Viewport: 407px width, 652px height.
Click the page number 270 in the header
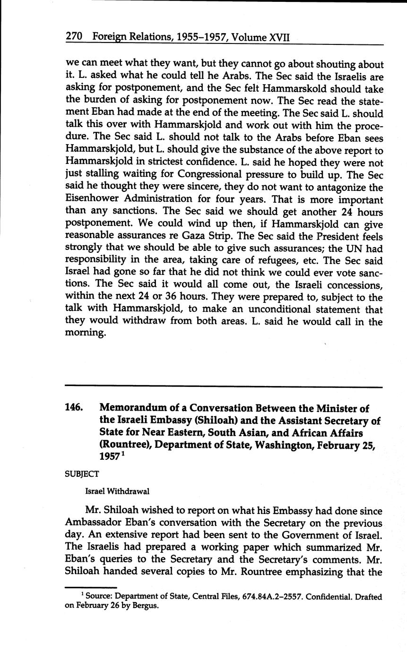pyautogui.click(x=74, y=36)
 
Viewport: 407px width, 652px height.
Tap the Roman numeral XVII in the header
pyautogui.click(x=279, y=37)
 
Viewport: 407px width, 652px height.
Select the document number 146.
pyautogui.click(x=74, y=408)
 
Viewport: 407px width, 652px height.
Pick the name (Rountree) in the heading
pyautogui.click(x=124, y=445)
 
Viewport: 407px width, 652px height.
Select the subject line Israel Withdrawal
pyautogui.click(x=117, y=491)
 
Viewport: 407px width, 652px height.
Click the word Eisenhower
pyautogui.click(x=94, y=199)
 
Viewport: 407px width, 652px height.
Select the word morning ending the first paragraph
pyautogui.click(x=84, y=334)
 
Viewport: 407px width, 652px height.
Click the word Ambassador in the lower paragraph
pyautogui.click(x=94, y=523)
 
